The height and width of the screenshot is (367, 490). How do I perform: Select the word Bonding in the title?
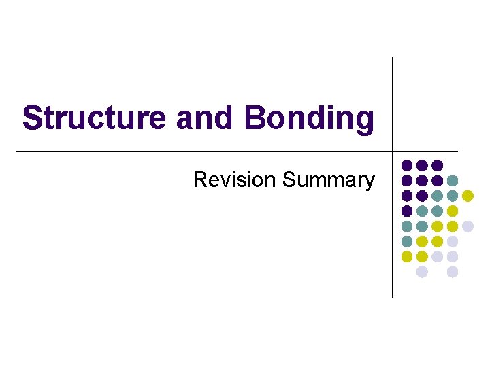coord(310,118)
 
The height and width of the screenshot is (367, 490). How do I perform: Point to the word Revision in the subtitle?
coord(235,180)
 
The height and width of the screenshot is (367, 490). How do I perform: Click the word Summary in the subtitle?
coord(328,180)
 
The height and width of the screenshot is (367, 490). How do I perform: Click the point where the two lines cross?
coord(393,151)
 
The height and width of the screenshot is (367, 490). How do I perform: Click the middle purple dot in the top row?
coord(422,165)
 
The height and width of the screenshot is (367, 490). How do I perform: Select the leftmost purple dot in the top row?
coord(407,165)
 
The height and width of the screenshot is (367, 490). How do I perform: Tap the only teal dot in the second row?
coord(453,181)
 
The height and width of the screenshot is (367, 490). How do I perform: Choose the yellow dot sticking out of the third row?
coord(468,196)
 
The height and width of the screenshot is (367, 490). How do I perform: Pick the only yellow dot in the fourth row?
coord(453,211)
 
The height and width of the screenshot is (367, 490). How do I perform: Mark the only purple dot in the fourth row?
coord(407,211)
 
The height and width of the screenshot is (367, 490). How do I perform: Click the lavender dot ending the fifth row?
coord(468,226)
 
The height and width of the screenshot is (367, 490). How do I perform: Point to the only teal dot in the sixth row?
coord(407,241)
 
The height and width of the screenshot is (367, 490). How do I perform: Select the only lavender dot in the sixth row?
coord(453,241)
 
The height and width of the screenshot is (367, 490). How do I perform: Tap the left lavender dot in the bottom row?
coord(422,272)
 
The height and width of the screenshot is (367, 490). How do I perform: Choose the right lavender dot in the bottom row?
coord(453,272)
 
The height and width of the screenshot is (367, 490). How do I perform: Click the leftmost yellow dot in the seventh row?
coord(407,257)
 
